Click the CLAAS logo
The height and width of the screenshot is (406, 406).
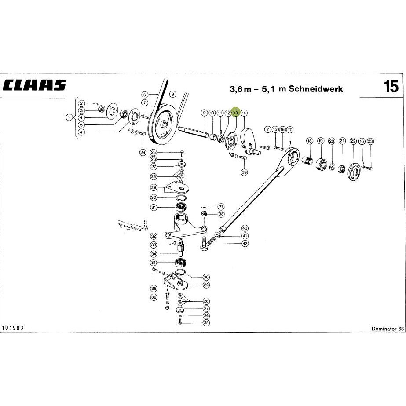34,85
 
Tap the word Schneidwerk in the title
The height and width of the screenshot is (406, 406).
316,89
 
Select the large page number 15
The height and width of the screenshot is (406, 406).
391,87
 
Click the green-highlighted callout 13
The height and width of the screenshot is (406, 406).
236,113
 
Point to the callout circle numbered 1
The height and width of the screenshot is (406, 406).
69,117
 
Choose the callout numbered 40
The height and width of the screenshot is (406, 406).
245,228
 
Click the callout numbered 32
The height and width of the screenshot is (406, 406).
154,236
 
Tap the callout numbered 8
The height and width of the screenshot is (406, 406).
173,95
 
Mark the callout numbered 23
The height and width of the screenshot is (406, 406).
370,141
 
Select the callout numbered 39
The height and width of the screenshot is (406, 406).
244,172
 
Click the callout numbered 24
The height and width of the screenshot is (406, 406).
143,153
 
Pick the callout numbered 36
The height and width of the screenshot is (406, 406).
154,297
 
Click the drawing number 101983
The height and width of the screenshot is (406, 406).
13,328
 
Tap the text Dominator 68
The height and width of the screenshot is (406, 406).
388,329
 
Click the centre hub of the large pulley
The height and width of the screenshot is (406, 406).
163,124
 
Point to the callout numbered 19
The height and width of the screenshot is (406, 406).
321,141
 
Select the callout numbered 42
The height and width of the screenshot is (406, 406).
245,243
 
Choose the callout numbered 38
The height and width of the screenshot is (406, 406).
221,214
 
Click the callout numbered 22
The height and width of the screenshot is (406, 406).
353,141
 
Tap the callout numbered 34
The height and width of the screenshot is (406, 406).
154,254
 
